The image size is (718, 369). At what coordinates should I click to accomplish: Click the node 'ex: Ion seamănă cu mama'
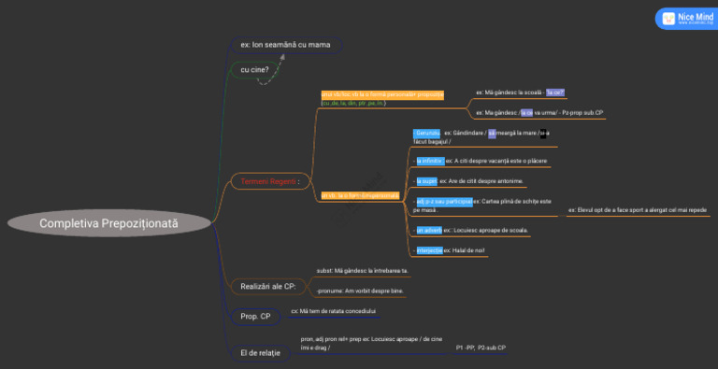point(286,44)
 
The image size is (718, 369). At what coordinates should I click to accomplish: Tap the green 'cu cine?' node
point(255,69)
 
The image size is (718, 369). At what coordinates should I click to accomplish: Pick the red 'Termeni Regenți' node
point(269,180)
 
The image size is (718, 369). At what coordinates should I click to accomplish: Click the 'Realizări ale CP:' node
point(268,286)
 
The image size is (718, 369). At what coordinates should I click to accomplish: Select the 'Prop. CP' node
point(255,317)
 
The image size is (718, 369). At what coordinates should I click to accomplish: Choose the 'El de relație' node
point(260,352)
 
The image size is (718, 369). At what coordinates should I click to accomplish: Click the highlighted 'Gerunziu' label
point(426,133)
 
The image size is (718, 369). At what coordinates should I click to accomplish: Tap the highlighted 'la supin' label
point(426,180)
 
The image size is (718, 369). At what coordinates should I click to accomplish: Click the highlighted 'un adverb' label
point(429,229)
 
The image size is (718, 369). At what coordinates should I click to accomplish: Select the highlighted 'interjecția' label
point(430,250)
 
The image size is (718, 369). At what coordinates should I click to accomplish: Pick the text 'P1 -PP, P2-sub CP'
point(481,348)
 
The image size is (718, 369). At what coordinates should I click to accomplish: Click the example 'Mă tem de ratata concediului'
point(333,310)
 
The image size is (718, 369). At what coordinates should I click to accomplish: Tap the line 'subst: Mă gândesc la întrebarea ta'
point(362,270)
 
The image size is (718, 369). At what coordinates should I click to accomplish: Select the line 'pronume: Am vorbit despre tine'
point(360,291)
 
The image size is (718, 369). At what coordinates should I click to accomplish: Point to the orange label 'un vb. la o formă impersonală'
point(360,195)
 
